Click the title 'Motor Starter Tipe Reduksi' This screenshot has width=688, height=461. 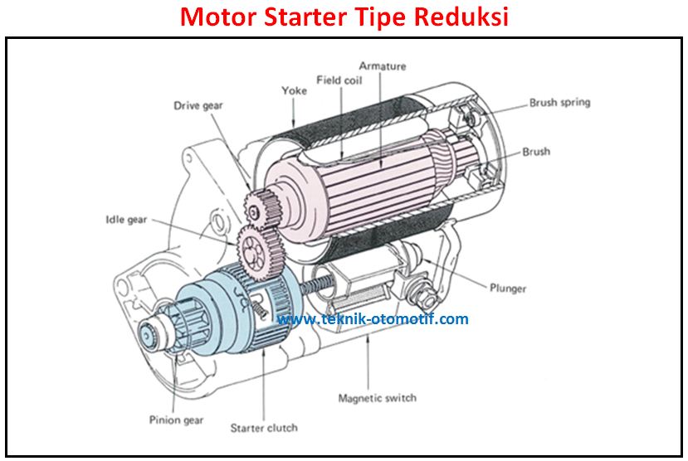tap(344, 17)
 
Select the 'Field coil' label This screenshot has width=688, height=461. tap(339, 80)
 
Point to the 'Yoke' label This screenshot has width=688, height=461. tap(294, 90)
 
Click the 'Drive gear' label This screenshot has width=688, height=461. tap(198, 105)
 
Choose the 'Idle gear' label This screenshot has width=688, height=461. tap(126, 220)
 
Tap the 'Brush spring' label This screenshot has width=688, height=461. tap(559, 103)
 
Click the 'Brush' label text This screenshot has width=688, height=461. tap(536, 152)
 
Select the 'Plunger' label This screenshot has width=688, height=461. tap(508, 289)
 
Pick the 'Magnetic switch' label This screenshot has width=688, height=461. tap(377, 398)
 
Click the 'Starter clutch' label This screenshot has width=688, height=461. tap(263, 428)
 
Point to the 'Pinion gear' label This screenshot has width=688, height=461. tap(176, 420)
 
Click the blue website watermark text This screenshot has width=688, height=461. tap(373, 319)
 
